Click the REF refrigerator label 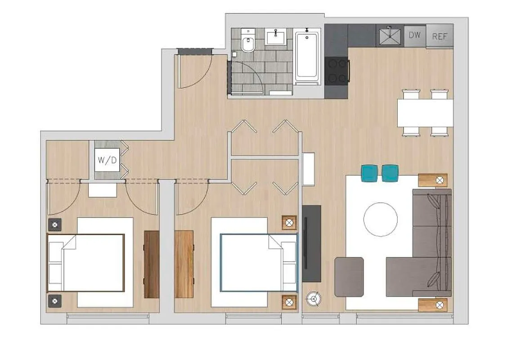click(440, 36)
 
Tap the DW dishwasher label click(414, 35)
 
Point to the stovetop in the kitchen click(337, 71)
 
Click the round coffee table click(381, 220)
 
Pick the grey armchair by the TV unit click(349, 277)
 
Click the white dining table click(425, 112)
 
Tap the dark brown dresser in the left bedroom click(152, 264)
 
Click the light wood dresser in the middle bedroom click(184, 264)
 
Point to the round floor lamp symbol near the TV click(314, 297)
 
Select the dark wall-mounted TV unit click(311, 243)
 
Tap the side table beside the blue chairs click(433, 180)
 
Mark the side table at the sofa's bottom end click(432, 305)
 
